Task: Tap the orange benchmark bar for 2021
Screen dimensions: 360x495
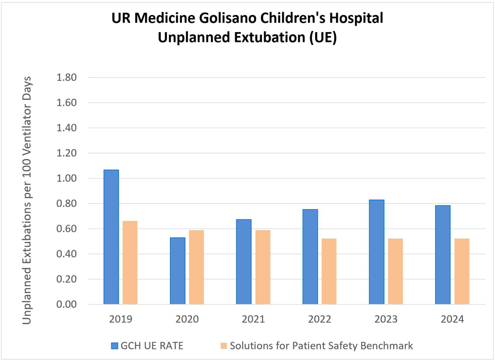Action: pyautogui.click(x=262, y=267)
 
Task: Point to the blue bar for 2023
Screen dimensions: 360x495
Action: pyautogui.click(x=377, y=252)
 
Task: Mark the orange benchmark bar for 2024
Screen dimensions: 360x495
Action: pyautogui.click(x=462, y=271)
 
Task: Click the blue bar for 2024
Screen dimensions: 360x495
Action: pyautogui.click(x=443, y=255)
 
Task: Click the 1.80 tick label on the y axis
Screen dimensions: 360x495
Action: pyautogui.click(x=67, y=78)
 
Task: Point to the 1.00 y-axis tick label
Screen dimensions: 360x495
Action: pyautogui.click(x=67, y=179)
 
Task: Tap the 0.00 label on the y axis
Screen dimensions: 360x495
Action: pyautogui.click(x=67, y=305)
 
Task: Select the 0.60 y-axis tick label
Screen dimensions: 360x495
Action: pyautogui.click(x=67, y=229)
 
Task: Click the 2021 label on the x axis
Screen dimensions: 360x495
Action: pyautogui.click(x=253, y=319)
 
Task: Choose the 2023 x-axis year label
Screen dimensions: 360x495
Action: pyautogui.click(x=386, y=319)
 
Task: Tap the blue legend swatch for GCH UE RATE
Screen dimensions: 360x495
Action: pyautogui.click(x=115, y=345)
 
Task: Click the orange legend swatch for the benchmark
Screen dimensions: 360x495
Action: pyautogui.click(x=224, y=345)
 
